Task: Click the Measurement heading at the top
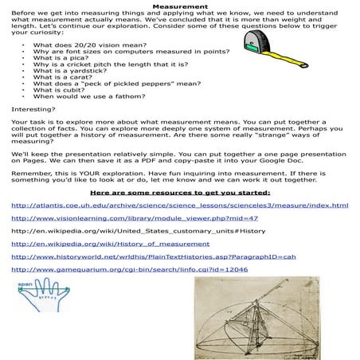click(181, 6)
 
